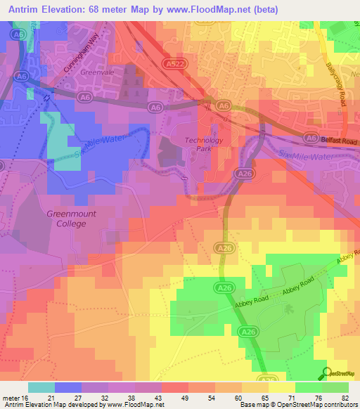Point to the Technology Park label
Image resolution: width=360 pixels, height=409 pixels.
tap(204, 144)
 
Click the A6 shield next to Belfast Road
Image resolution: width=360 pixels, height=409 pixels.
tap(310, 138)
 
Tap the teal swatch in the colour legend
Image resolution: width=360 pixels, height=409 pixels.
tap(41, 387)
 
